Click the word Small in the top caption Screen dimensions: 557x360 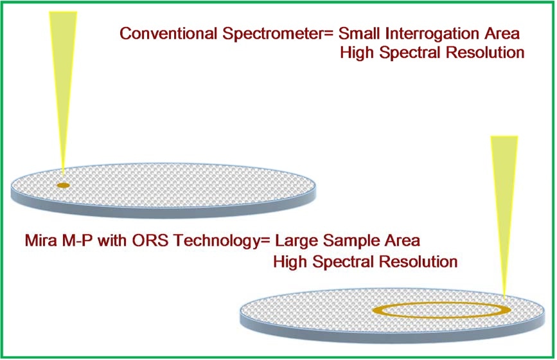point(360,34)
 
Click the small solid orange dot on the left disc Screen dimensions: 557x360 point(63,185)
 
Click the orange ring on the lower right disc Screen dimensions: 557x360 point(441,303)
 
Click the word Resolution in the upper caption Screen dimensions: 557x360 point(485,53)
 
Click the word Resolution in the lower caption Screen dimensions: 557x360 point(418,262)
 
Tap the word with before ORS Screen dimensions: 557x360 point(112,240)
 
